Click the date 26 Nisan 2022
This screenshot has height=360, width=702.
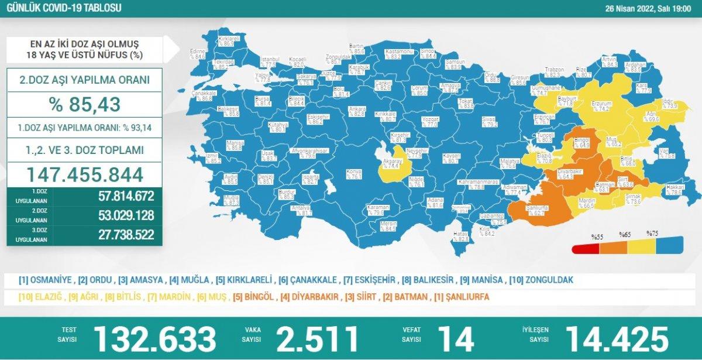tap(638, 8)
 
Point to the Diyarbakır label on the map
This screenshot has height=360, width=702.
tap(569, 171)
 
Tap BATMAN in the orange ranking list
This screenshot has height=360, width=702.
tap(409, 297)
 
